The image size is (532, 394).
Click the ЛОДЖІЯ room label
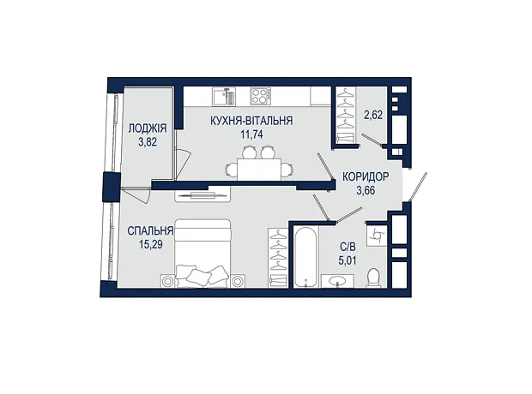(148, 128)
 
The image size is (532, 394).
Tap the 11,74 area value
(251, 134)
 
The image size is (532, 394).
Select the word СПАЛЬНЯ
(150, 231)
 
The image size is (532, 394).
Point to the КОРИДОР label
(366, 176)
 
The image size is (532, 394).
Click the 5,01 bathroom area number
(348, 260)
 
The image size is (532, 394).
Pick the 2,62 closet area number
(373, 115)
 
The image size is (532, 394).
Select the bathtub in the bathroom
(305, 257)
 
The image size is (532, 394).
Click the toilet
(374, 278)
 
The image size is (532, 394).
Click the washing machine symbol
(377, 235)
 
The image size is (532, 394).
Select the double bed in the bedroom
(203, 254)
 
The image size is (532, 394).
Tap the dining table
(259, 170)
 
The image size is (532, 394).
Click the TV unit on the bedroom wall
(203, 194)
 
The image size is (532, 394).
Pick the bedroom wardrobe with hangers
(278, 258)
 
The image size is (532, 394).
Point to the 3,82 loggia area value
(148, 142)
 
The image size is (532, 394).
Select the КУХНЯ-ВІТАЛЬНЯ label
(251, 121)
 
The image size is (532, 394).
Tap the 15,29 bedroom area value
(151, 245)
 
